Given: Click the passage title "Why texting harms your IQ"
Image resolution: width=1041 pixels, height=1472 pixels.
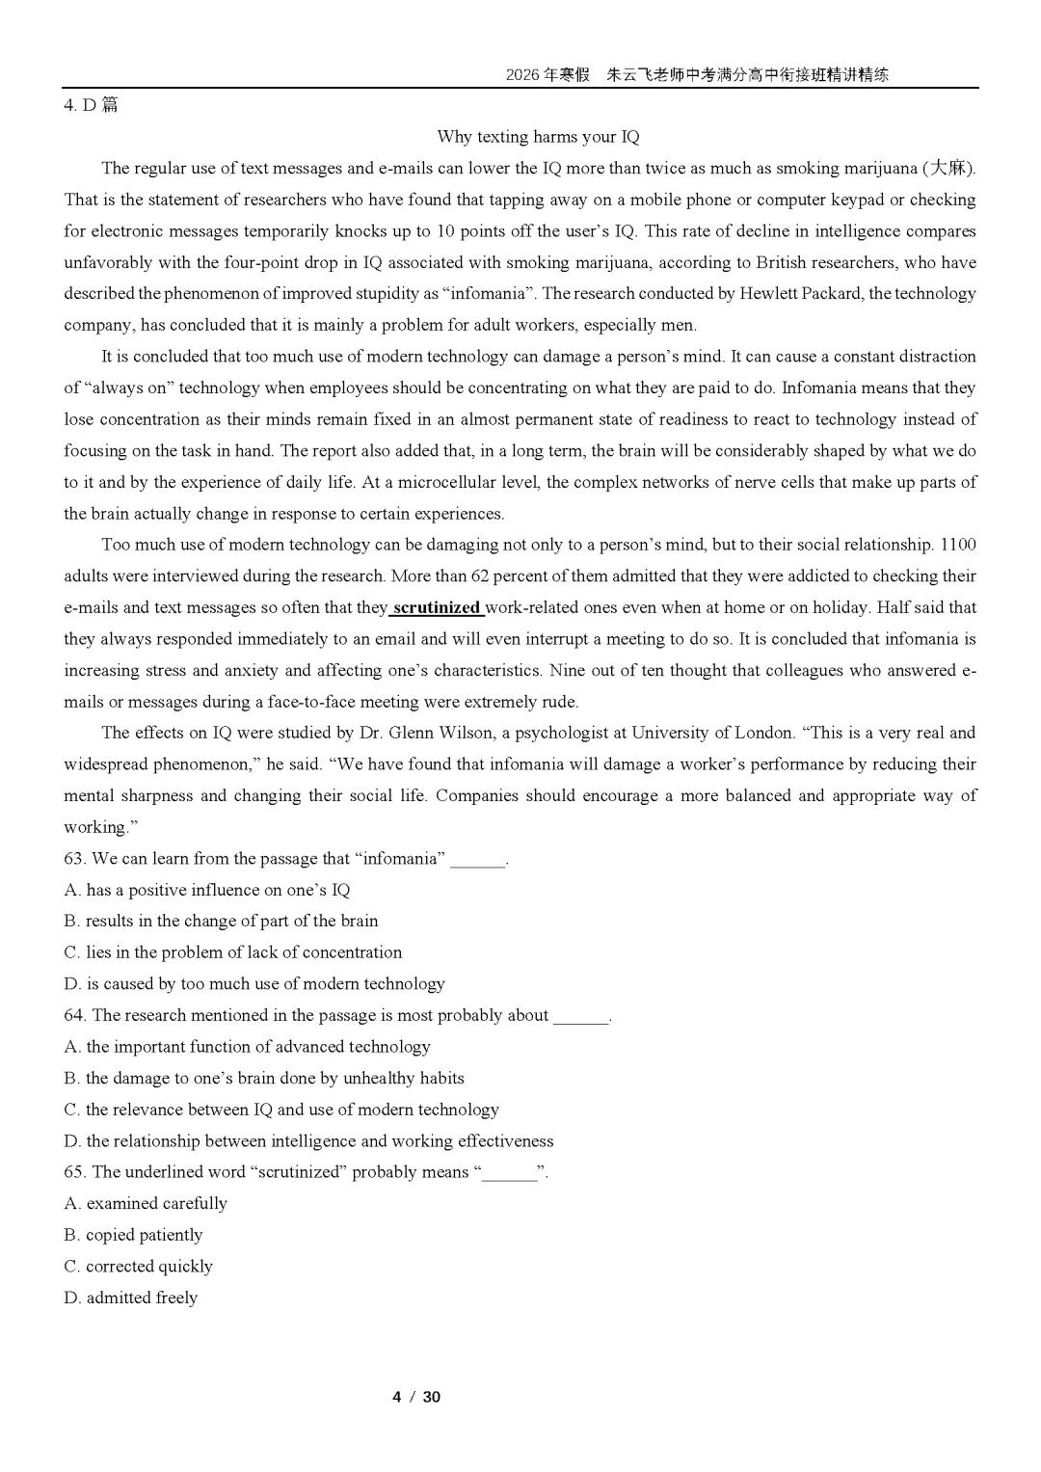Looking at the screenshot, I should tap(538, 137).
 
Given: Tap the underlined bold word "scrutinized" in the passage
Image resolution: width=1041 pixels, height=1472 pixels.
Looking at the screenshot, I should tap(437, 607).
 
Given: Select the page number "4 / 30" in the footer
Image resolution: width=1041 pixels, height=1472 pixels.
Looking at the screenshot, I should tap(416, 1397).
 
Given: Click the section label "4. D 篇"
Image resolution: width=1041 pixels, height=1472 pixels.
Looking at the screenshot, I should tap(91, 105).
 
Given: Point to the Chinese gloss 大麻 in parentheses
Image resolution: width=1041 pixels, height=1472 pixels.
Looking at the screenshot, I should tap(948, 169).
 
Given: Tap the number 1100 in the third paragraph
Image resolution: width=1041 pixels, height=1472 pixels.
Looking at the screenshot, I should tap(957, 545).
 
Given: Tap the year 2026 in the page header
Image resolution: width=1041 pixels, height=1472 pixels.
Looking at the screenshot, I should tap(524, 75).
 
